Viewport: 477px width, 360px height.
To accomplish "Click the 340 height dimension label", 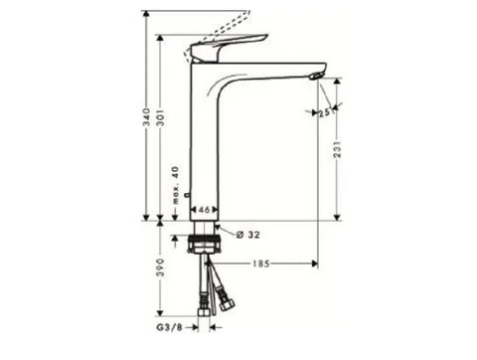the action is click(x=146, y=117).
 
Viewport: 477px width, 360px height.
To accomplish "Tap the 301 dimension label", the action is click(x=160, y=117).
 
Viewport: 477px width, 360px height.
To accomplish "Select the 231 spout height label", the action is click(x=337, y=149).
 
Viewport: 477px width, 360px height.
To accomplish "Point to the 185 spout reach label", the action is click(x=261, y=264).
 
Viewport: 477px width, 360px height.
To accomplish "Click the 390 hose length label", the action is click(x=160, y=268).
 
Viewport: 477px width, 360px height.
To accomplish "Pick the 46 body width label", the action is click(x=204, y=210).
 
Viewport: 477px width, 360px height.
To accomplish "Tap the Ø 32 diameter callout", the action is click(x=248, y=235).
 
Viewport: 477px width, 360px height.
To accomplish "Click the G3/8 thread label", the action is click(x=169, y=327).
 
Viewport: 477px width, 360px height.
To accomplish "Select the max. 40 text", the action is click(x=175, y=185).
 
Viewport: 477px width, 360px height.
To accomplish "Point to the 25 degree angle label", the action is click(x=324, y=112).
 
